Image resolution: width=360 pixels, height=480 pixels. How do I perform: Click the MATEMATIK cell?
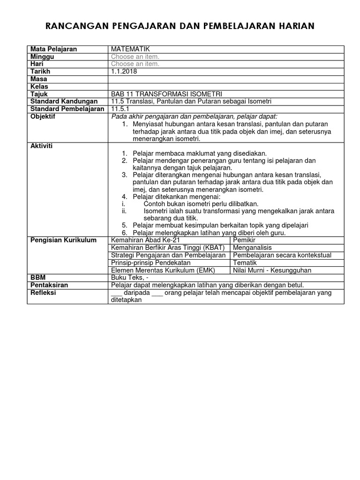tap(131, 49)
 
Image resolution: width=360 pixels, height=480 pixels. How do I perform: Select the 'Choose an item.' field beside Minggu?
tap(135, 57)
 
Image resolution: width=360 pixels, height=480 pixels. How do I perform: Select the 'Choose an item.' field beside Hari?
tap(135, 64)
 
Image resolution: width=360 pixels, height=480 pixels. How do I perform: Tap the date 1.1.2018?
tap(125, 72)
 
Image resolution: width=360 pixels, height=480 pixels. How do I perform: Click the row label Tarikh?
tap(40, 72)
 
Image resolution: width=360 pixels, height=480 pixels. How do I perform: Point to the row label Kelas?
tap(39, 87)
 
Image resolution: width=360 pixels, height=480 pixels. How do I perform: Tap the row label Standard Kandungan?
tap(64, 102)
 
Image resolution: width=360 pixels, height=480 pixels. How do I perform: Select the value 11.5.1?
tap(120, 109)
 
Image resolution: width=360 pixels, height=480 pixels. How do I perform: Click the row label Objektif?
tap(43, 117)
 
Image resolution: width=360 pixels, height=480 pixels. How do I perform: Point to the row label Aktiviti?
tap(42, 146)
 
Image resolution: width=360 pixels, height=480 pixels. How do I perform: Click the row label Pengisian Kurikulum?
tap(63, 240)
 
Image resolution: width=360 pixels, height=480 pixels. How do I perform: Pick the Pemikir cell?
tap(244, 240)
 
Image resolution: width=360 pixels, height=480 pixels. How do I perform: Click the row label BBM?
tap(38, 278)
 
